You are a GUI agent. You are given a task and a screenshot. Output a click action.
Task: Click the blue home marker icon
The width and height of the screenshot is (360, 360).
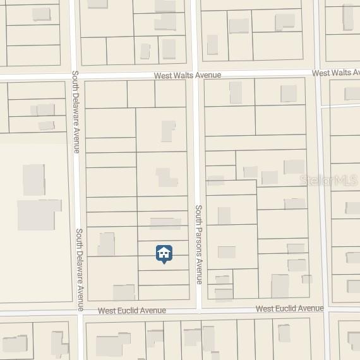[x=164, y=254]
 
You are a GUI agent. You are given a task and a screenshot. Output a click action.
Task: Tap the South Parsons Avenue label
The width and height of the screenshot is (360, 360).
[x=198, y=244]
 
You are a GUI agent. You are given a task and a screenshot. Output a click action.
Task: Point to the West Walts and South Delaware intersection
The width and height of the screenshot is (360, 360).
[x=76, y=78]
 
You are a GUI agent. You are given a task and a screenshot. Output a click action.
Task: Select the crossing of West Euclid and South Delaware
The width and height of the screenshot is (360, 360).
[x=80, y=311]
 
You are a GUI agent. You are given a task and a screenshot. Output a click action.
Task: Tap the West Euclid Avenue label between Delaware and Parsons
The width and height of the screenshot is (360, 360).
[x=132, y=311]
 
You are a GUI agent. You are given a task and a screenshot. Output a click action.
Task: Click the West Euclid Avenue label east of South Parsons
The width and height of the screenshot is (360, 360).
[x=290, y=308]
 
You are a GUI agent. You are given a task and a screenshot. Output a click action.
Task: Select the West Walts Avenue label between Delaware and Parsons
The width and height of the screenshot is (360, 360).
[x=188, y=75]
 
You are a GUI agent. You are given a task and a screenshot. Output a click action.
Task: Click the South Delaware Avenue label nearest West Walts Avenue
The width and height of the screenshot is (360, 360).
[x=75, y=111]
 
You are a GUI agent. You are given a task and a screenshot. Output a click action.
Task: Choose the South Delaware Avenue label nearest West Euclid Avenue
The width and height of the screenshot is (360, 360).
[x=80, y=270]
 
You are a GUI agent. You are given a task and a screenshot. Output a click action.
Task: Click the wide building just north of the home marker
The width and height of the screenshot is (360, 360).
[x=165, y=223]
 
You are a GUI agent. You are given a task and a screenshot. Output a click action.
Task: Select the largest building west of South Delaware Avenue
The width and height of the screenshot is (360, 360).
[x=39, y=215]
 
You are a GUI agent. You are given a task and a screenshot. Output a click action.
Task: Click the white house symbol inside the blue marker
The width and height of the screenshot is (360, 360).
[x=164, y=253]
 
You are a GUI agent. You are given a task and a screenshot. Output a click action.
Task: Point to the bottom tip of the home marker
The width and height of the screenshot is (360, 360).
[x=164, y=263]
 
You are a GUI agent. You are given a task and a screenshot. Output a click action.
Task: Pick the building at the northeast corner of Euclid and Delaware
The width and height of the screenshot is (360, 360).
[x=124, y=292]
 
